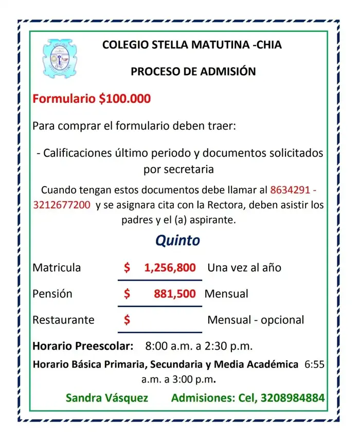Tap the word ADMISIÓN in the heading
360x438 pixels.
click(x=227, y=72)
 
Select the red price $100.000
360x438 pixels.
click(x=124, y=99)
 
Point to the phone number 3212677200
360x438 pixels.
click(x=62, y=205)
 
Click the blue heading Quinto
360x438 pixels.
click(x=177, y=240)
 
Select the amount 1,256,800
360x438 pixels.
click(x=170, y=268)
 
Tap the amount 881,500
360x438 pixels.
click(x=174, y=294)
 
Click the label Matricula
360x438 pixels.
click(x=57, y=268)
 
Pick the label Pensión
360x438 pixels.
click(x=52, y=294)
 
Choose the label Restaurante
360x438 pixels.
click(x=63, y=320)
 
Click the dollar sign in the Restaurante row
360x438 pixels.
click(x=127, y=320)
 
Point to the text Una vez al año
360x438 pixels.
click(x=244, y=268)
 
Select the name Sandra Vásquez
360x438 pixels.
click(x=107, y=398)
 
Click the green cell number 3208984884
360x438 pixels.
click(x=293, y=398)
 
